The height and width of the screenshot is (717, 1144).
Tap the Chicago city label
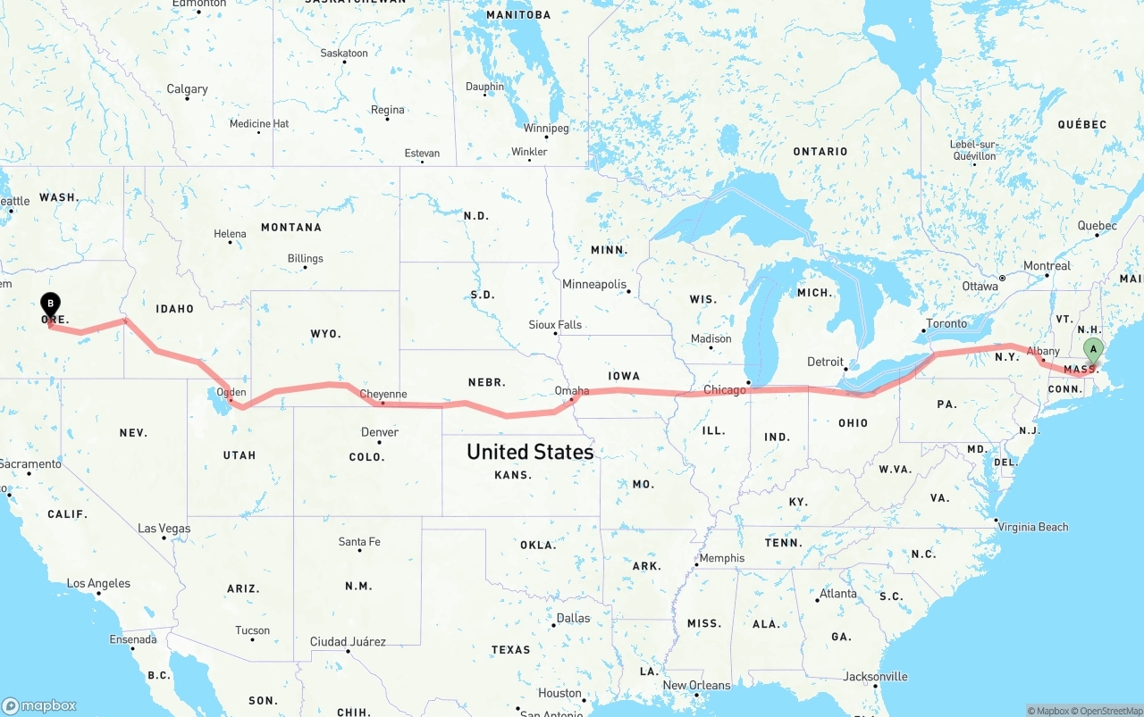(725, 390)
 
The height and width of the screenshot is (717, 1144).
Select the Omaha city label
(572, 390)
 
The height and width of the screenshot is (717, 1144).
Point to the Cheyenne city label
(383, 394)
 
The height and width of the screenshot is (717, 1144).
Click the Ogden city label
(231, 392)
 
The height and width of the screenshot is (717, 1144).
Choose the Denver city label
(380, 432)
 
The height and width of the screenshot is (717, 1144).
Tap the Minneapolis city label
(594, 284)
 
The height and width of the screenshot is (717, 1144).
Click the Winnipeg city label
(546, 129)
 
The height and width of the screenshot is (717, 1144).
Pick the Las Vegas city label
(164, 529)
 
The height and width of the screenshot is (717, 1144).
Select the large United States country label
(530, 452)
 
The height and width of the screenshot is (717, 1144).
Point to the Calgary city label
(187, 89)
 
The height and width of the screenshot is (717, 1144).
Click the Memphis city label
(721, 558)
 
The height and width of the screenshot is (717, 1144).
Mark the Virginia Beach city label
(1034, 527)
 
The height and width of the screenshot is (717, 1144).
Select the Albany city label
(1044, 351)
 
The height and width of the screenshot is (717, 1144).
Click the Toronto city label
(946, 323)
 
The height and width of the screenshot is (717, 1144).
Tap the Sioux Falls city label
(555, 325)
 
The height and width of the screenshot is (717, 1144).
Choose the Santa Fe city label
(359, 542)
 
